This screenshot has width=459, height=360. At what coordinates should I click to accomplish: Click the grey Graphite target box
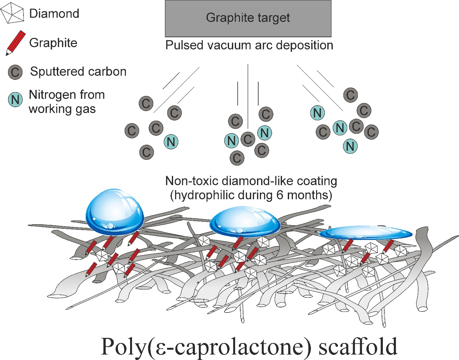(248, 19)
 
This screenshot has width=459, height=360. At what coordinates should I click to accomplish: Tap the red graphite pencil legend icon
(15, 43)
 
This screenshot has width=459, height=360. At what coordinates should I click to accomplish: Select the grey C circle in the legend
(15, 72)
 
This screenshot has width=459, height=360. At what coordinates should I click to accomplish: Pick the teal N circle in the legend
(15, 99)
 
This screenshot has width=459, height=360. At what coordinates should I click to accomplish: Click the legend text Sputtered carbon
(78, 72)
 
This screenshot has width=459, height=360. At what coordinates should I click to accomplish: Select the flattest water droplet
(365, 233)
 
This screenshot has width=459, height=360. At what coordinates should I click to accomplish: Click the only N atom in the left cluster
(171, 142)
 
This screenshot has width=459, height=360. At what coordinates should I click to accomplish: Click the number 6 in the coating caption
(280, 195)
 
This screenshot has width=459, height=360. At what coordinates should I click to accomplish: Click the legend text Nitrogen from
(67, 95)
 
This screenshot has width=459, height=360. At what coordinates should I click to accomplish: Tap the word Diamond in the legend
(54, 14)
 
